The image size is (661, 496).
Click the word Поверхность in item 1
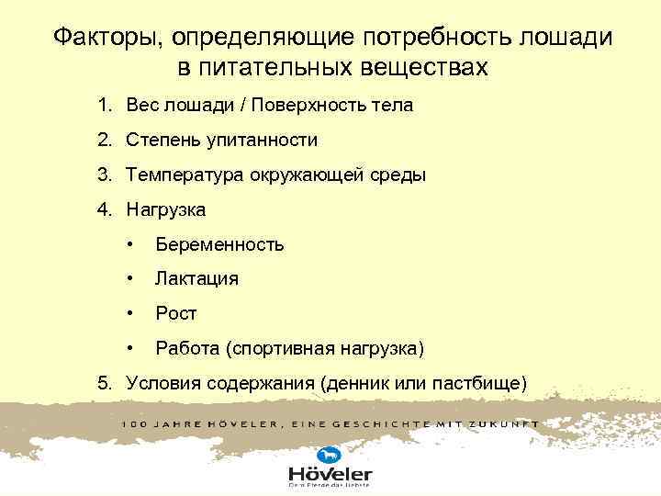point(308,105)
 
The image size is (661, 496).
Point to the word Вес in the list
point(144,105)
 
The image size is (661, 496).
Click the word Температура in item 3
point(185,175)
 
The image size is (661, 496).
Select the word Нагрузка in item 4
point(166,209)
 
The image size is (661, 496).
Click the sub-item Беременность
point(219,244)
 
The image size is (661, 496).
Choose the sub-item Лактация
point(196,278)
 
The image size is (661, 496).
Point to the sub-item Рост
point(176,313)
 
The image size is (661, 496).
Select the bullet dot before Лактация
point(135,278)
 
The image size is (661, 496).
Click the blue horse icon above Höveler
point(328,455)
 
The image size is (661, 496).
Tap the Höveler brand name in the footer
point(330,474)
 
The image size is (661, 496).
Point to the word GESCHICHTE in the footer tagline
point(389,424)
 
